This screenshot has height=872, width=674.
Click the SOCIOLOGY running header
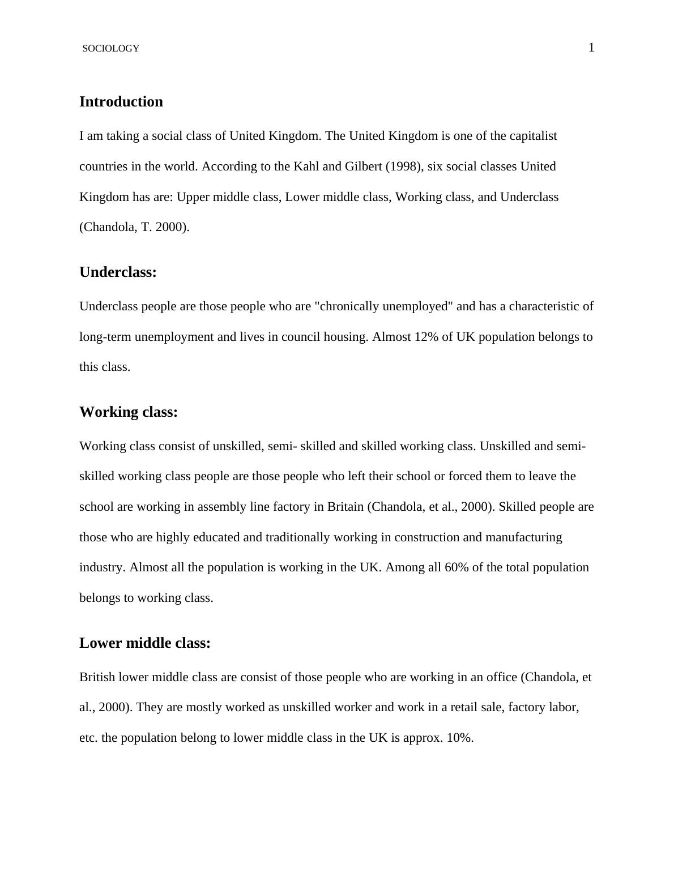click(x=111, y=49)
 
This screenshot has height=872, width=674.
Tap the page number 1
click(x=591, y=48)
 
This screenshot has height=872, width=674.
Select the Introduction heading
click(x=121, y=102)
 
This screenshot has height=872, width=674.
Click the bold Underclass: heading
click(x=118, y=272)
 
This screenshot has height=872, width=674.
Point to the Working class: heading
click(x=129, y=412)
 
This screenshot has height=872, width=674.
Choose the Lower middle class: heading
click(x=145, y=643)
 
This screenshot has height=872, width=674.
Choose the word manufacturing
click(x=523, y=537)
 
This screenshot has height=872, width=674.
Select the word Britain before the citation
click(x=345, y=507)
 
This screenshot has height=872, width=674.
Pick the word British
click(x=97, y=677)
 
